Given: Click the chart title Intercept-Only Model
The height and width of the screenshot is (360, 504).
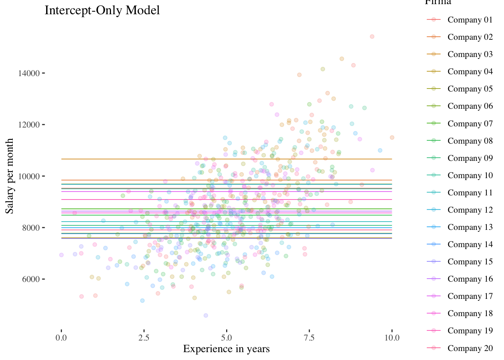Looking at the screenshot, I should click(x=102, y=10).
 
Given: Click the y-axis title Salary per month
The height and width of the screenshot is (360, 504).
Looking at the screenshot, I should click(x=10, y=176).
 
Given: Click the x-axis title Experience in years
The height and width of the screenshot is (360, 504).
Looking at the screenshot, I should click(x=226, y=349).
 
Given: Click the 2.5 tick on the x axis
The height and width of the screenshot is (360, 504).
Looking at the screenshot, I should click(x=144, y=337).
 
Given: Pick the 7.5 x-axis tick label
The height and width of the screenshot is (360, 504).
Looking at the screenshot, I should click(x=309, y=337).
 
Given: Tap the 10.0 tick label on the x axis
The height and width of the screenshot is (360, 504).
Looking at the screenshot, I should click(x=392, y=337).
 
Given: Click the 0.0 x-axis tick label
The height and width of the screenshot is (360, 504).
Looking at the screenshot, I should click(x=61, y=337).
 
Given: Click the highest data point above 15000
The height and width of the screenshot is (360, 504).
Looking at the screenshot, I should click(x=372, y=36).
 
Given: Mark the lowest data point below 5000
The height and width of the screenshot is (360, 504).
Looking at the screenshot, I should click(x=205, y=315).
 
